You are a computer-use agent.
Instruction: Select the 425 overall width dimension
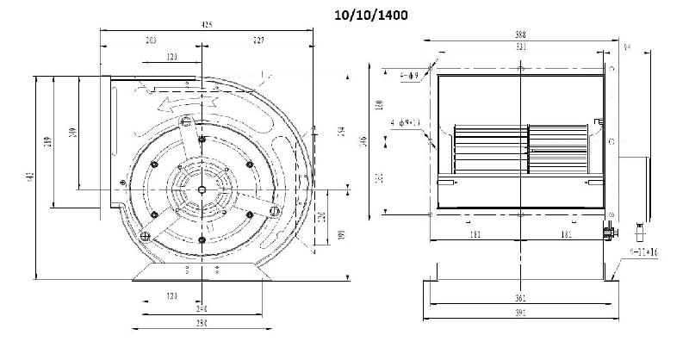tap(207, 26)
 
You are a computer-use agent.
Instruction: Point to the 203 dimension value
tap(151, 40)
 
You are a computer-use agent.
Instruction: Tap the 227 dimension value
tap(258, 40)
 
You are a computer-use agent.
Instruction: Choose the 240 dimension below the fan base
tap(200, 307)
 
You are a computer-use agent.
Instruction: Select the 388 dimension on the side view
tap(520, 34)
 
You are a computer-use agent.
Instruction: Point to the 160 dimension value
tap(380, 105)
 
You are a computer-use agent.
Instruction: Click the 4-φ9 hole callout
tap(409, 77)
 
